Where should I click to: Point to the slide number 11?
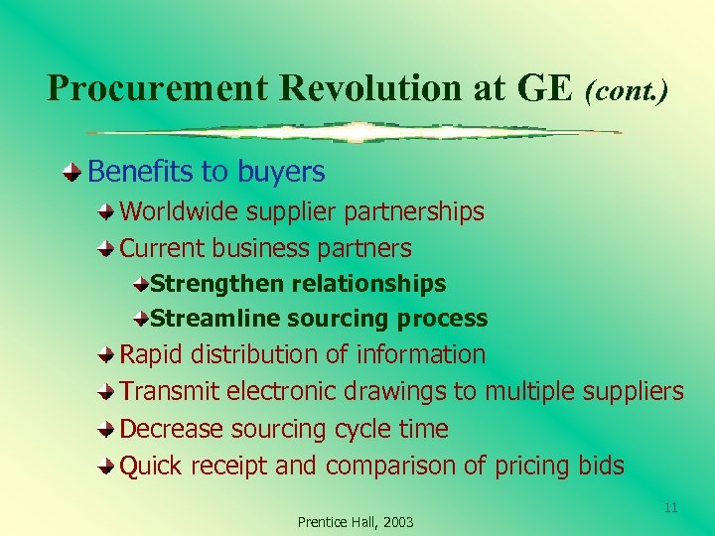click(x=670, y=507)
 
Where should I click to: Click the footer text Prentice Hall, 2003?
click(x=356, y=522)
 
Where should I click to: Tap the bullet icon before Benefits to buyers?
click(x=75, y=173)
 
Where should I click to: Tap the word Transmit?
click(x=170, y=392)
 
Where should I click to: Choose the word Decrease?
click(x=172, y=429)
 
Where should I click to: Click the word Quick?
click(x=151, y=466)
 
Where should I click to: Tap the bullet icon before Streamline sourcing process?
click(x=142, y=319)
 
